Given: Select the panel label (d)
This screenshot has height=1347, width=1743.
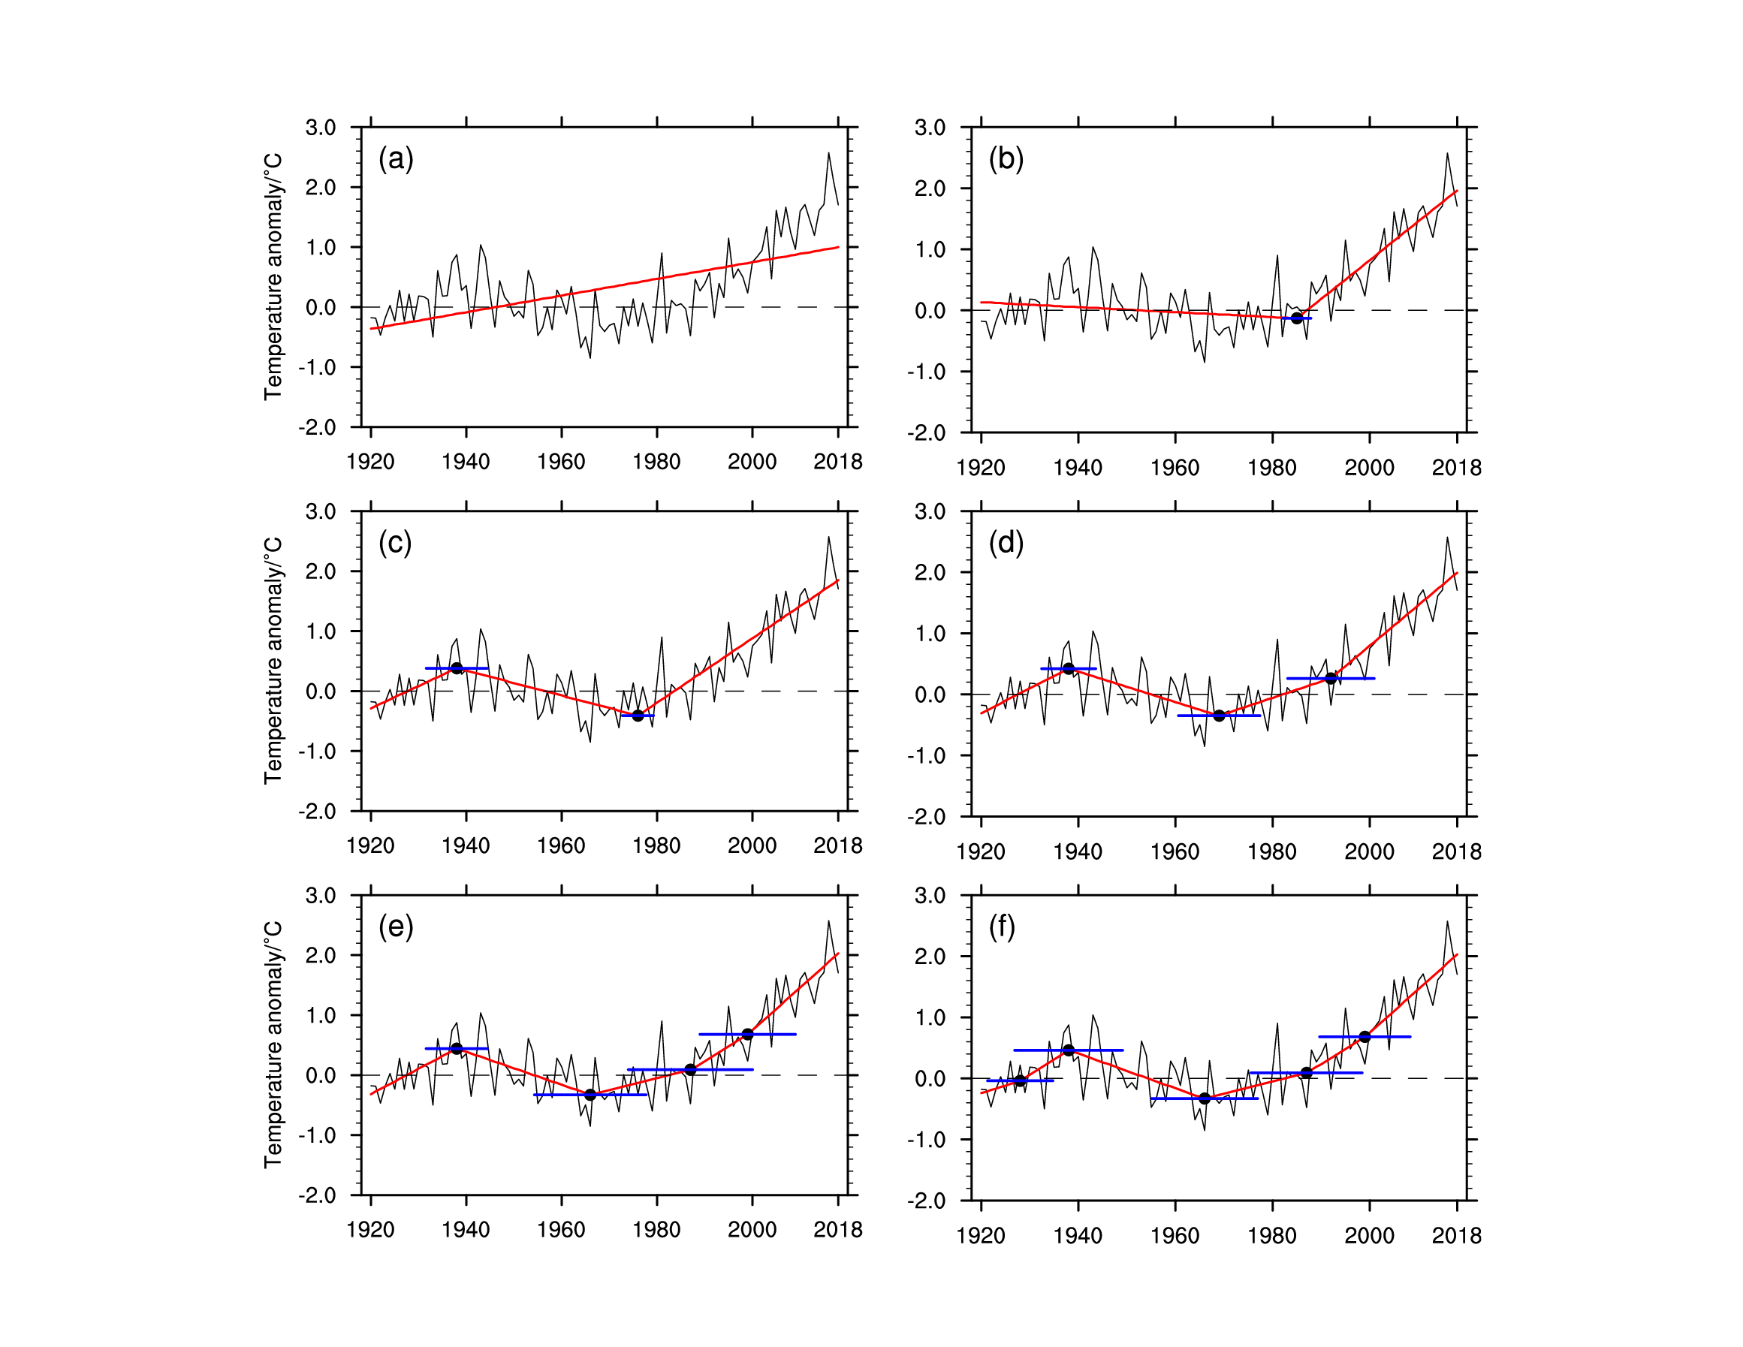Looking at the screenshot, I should (x=1006, y=543).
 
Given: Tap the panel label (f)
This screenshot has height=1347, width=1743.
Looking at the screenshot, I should (x=1002, y=927).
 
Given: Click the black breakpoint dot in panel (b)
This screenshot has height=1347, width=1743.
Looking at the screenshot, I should (x=1297, y=318).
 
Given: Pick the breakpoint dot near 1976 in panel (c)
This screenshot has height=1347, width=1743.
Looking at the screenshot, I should (x=638, y=715).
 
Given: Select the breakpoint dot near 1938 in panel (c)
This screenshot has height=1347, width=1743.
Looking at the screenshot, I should (x=457, y=668).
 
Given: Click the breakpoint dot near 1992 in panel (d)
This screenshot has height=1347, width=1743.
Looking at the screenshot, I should (x=1331, y=678).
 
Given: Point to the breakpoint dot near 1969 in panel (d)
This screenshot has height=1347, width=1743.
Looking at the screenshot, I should (x=1219, y=716).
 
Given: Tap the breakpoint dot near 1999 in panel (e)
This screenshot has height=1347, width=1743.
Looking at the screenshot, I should (x=748, y=1034).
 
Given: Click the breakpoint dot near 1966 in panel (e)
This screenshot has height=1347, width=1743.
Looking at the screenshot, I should (x=590, y=1095).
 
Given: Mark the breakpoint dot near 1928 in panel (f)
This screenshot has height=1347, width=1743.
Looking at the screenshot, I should (x=1020, y=1080).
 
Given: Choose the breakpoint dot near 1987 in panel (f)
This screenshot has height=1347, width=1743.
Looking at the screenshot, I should (x=1307, y=1072).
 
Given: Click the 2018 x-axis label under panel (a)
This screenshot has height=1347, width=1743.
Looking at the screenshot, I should (x=837, y=462).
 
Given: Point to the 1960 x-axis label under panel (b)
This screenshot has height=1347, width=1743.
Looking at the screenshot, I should (x=1175, y=468).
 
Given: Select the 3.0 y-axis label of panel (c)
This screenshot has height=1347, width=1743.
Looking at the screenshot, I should (x=320, y=511).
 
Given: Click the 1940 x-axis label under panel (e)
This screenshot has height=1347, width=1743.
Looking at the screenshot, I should (x=466, y=1230).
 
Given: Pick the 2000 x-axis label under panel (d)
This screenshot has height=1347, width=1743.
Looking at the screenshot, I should (x=1369, y=851).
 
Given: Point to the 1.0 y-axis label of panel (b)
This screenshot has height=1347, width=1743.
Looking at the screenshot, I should (x=930, y=250).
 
